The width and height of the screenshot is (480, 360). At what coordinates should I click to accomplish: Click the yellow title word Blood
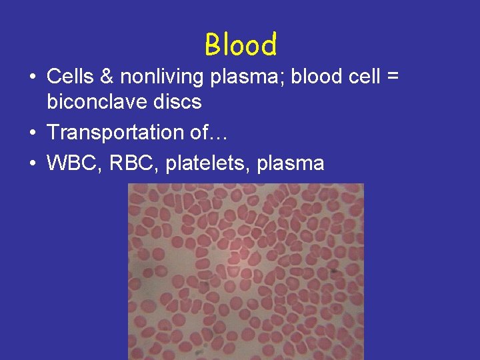click(241, 45)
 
